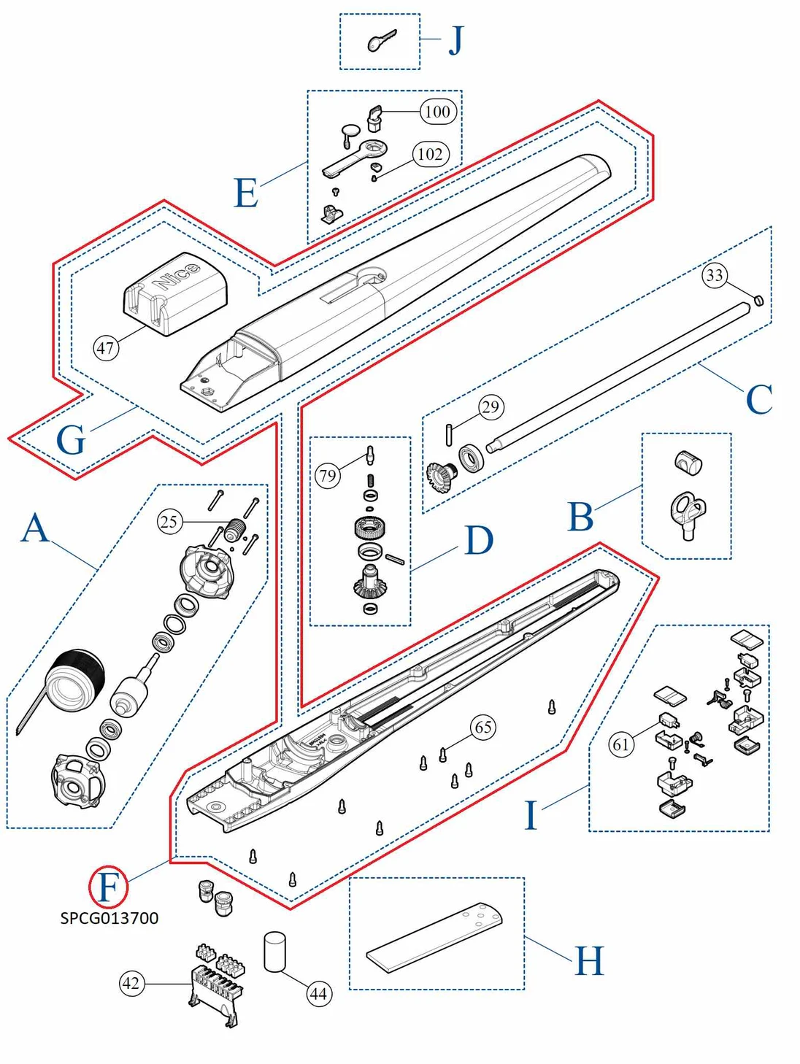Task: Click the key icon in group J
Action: click(x=381, y=42)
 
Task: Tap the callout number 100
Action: click(x=437, y=112)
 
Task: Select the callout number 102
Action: click(x=430, y=154)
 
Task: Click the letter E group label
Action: click(x=246, y=193)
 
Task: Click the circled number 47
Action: click(x=106, y=347)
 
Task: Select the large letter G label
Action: click(x=71, y=441)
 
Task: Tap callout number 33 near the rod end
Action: click(x=715, y=275)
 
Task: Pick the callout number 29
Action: click(x=491, y=406)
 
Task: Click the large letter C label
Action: click(x=758, y=400)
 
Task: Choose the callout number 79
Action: click(x=328, y=477)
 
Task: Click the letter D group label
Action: click(x=479, y=541)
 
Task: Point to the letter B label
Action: click(x=580, y=517)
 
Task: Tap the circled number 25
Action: click(x=169, y=522)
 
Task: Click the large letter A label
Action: click(x=34, y=528)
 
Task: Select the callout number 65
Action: click(x=483, y=727)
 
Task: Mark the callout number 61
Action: click(x=620, y=744)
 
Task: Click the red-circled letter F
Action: click(x=108, y=887)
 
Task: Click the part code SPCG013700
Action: click(x=109, y=918)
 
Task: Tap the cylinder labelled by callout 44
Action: click(x=274, y=952)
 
